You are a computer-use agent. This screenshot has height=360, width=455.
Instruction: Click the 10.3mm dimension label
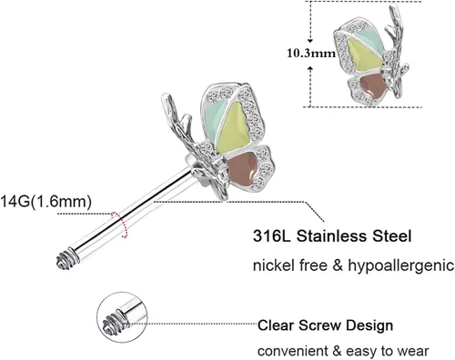click(311, 54)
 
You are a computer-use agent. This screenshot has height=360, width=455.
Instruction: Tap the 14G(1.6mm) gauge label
click(45, 201)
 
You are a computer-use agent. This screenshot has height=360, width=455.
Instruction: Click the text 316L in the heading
click(272, 236)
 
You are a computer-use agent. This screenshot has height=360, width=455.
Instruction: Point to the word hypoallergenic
click(401, 266)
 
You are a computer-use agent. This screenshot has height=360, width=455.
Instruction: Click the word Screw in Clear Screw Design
click(320, 325)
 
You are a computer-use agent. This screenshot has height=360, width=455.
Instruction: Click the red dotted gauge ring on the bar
click(119, 225)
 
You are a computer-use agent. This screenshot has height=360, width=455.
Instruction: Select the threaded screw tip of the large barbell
click(65, 260)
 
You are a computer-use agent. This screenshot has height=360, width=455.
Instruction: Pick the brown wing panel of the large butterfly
click(243, 170)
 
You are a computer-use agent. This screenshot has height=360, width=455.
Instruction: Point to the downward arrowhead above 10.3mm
click(309, 39)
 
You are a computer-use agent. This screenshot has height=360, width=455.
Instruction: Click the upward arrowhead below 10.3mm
click(309, 69)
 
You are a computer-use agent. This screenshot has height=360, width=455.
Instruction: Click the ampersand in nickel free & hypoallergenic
click(338, 265)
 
